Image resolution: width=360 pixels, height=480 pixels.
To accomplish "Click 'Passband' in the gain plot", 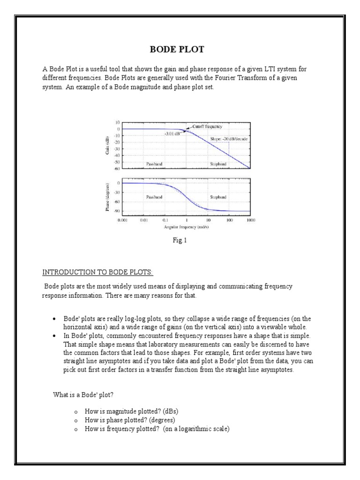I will [154, 164].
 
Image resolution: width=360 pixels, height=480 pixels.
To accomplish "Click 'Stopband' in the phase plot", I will [218, 197].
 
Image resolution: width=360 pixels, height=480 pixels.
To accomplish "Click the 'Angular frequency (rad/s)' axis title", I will [186, 227].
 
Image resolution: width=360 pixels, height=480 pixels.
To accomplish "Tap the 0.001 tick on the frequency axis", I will [122, 219].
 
